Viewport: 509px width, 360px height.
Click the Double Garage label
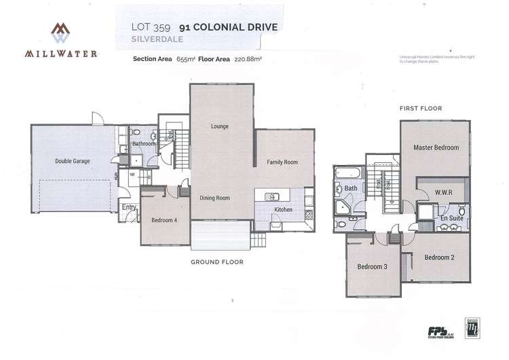click(72, 161)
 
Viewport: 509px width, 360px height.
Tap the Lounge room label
click(219, 126)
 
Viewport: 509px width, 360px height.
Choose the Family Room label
click(282, 162)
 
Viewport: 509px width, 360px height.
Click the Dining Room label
click(214, 198)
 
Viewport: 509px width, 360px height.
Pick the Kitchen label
click(283, 210)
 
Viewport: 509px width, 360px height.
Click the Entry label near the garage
click(128, 207)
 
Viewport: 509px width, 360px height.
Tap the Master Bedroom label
click(436, 147)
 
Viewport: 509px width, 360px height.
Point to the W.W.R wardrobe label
click(442, 192)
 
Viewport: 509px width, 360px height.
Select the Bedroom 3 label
click(372, 266)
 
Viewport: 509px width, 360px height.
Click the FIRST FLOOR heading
click(421, 108)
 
